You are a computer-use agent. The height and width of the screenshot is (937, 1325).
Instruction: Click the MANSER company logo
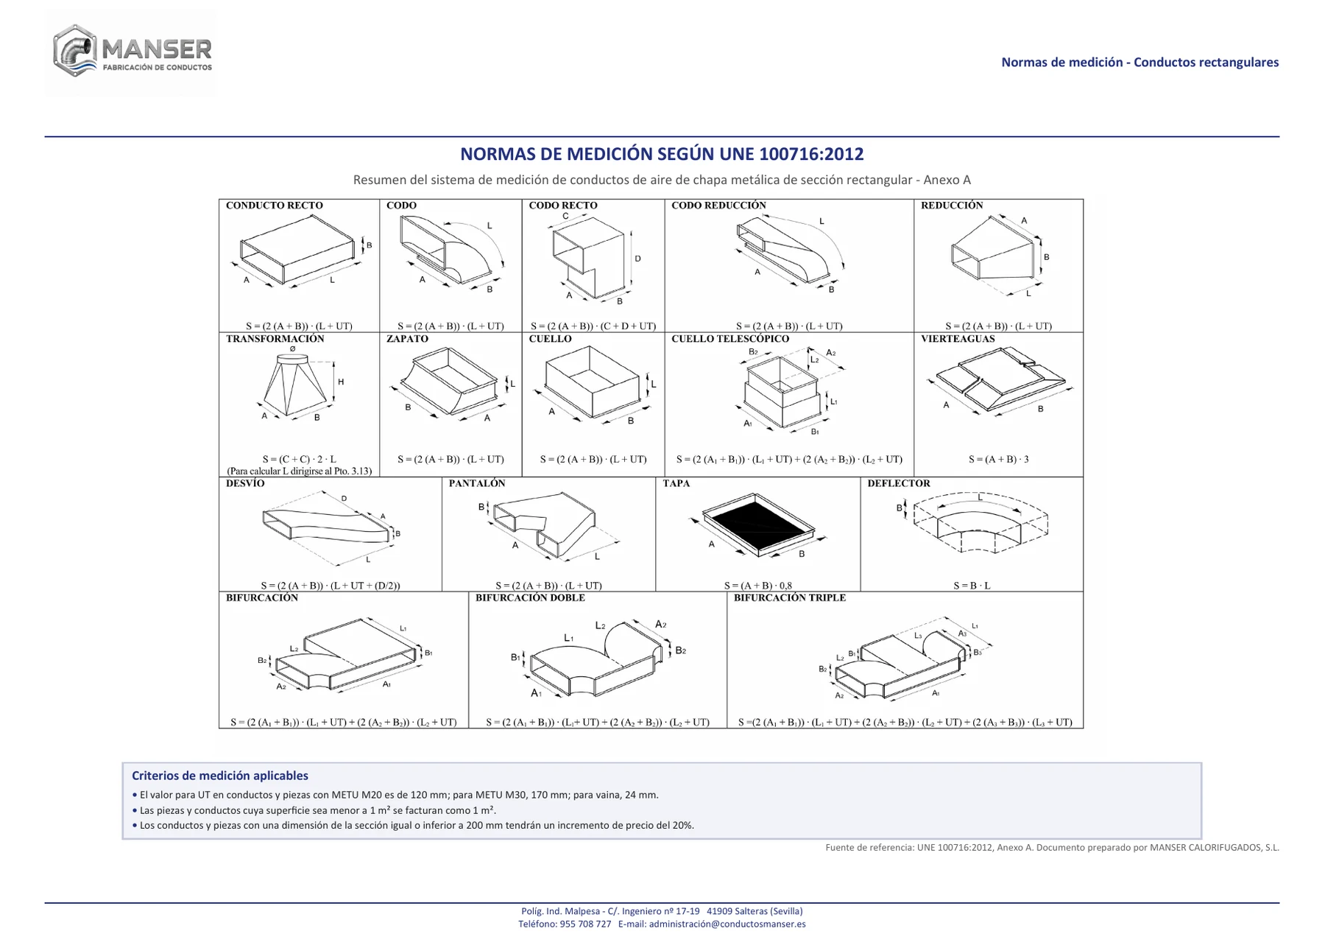pos(132,52)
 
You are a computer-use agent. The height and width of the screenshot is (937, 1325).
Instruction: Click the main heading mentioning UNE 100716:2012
pos(662,154)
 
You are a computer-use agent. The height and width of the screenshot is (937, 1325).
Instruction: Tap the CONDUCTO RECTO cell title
pos(274,206)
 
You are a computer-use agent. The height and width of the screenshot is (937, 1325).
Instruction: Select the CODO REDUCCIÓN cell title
pos(718,206)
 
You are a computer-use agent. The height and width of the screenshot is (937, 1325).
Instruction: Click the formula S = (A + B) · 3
pos(998,459)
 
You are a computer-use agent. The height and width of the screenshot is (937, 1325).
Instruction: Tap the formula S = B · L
pos(972,586)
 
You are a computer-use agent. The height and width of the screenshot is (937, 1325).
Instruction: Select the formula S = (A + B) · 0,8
pos(757,586)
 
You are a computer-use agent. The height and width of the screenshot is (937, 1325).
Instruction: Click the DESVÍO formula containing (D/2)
pos(330,586)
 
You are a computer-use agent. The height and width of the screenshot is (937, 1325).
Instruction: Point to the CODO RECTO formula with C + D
pos(593,326)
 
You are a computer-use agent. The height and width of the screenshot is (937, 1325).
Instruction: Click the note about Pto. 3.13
pos(299,471)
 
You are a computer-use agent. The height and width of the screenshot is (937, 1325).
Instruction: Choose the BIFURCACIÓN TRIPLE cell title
pos(789,597)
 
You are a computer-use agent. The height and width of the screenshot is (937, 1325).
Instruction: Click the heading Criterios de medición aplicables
pos(220,776)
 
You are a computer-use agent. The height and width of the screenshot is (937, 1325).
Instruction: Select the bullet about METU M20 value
pos(395,795)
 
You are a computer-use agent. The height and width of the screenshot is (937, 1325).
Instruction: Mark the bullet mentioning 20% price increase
pos(413,825)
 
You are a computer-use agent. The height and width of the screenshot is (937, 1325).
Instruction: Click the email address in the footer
pos(727,924)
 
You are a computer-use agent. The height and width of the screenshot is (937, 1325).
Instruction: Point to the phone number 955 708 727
pos(585,924)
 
